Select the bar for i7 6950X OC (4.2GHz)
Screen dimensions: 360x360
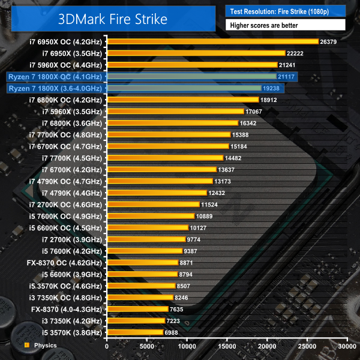(x=212, y=41)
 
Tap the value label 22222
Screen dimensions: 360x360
(x=294, y=53)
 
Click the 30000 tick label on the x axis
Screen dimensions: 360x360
(x=347, y=346)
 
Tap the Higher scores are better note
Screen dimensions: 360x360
(x=286, y=25)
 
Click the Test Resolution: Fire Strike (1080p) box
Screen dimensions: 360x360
(x=286, y=11)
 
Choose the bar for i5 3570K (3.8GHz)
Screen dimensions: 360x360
(x=134, y=332)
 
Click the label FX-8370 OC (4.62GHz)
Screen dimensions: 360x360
(x=65, y=262)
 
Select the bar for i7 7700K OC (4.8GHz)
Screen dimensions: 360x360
(x=168, y=134)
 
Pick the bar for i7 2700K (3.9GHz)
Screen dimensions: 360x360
(x=146, y=239)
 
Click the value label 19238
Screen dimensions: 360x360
(x=270, y=88)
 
